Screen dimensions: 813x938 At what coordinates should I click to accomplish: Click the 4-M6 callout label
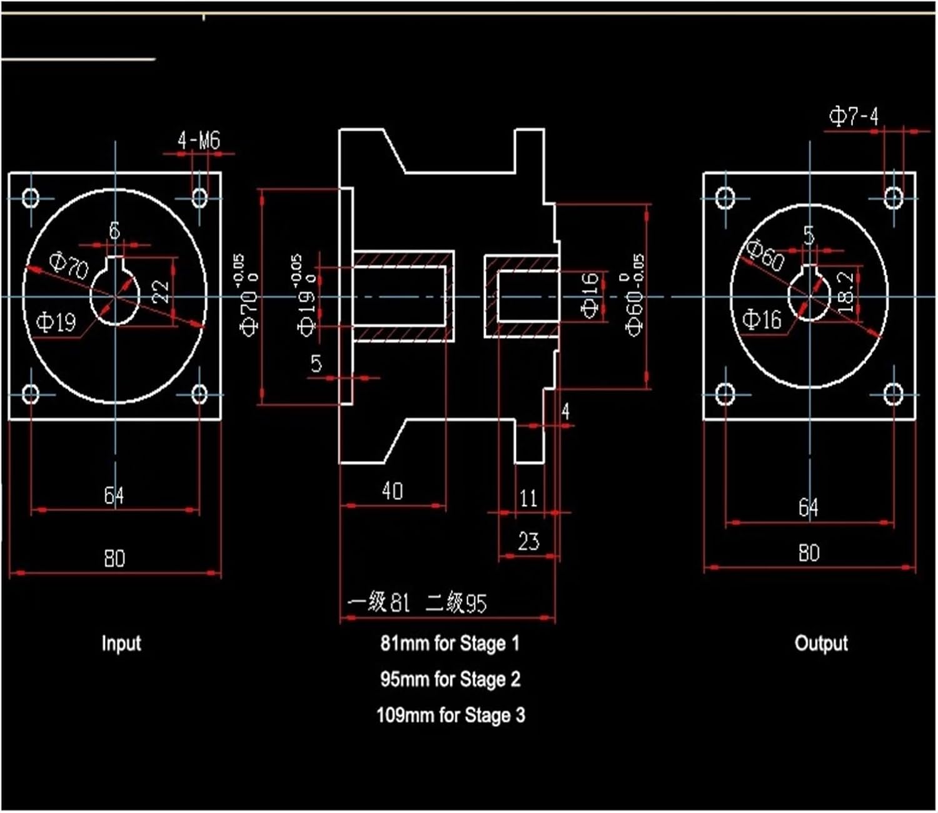199,140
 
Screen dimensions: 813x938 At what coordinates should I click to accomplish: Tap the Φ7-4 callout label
854,116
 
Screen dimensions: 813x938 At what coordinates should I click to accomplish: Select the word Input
121,643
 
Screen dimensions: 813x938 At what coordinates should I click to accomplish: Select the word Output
821,643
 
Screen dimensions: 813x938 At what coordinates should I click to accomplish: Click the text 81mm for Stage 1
450,643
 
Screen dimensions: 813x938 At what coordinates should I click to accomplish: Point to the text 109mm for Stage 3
450,715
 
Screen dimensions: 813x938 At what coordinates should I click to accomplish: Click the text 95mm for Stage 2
450,679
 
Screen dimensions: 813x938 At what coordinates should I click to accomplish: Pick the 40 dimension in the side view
392,491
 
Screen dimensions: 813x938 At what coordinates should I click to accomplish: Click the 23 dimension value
528,541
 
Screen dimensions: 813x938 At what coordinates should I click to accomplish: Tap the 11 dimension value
528,498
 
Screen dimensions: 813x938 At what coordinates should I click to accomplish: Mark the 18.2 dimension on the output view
845,291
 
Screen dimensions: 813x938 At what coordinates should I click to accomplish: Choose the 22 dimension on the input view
161,291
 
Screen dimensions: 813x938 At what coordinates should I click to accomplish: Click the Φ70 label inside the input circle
69,266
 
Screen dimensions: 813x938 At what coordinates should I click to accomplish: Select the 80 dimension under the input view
114,558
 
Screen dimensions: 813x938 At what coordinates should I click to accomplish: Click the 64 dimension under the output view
808,507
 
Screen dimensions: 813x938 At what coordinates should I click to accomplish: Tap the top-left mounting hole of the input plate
31,199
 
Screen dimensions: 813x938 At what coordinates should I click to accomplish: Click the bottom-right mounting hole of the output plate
893,394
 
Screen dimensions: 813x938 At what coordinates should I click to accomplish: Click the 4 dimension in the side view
565,411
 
